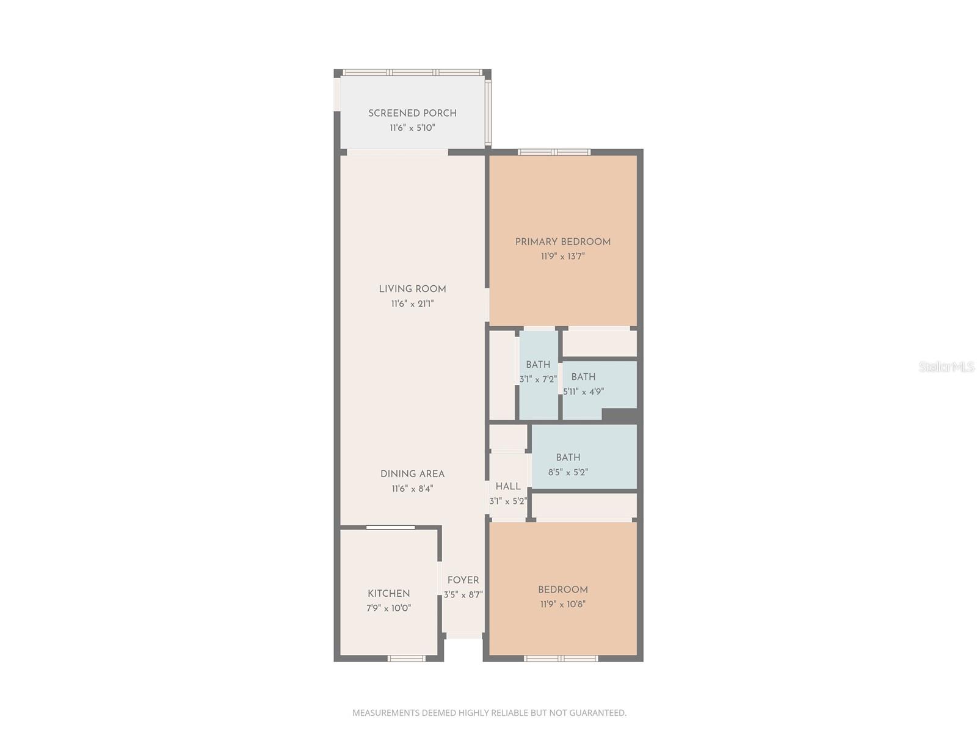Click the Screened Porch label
(412, 113)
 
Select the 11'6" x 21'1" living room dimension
(412, 304)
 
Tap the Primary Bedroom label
(562, 242)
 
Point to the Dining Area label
(412, 474)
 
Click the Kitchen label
(388, 594)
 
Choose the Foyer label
(463, 580)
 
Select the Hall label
(508, 487)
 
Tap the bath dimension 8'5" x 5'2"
(568, 472)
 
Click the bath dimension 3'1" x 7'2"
(538, 379)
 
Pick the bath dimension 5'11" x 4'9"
(583, 392)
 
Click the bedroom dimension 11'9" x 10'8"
(562, 604)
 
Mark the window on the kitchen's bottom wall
(407, 658)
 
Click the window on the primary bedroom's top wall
(554, 152)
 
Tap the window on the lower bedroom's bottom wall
(561, 658)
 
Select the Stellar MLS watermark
(946, 367)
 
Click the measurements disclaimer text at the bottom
(489, 713)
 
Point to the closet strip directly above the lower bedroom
(584, 506)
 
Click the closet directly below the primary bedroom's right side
(599, 343)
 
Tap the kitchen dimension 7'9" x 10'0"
(388, 608)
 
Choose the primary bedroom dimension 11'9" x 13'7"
(562, 257)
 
